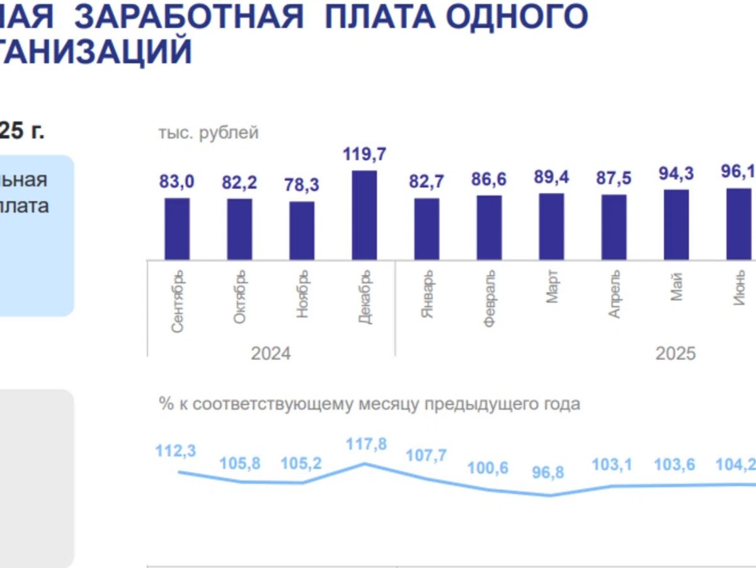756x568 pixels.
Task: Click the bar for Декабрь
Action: pos(364,215)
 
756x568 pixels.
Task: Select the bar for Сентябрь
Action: pos(177,229)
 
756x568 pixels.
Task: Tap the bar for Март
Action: pos(551,226)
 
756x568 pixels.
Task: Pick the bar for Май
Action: pos(676,224)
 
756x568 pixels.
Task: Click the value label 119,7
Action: pos(364,154)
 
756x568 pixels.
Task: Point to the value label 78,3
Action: pos(302,185)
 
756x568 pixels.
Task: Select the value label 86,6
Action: pos(489,180)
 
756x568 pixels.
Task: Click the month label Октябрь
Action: pos(240,297)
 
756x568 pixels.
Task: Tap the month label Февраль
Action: pos(490,298)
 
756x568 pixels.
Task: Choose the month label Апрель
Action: pos(614,294)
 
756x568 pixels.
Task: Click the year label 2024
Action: pos(271,354)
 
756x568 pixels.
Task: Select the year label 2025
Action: pos(675,354)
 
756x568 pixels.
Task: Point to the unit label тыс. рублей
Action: pos(209,133)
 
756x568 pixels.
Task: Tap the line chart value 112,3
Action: pos(176,451)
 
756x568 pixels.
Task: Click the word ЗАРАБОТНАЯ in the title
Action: pos(189,17)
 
